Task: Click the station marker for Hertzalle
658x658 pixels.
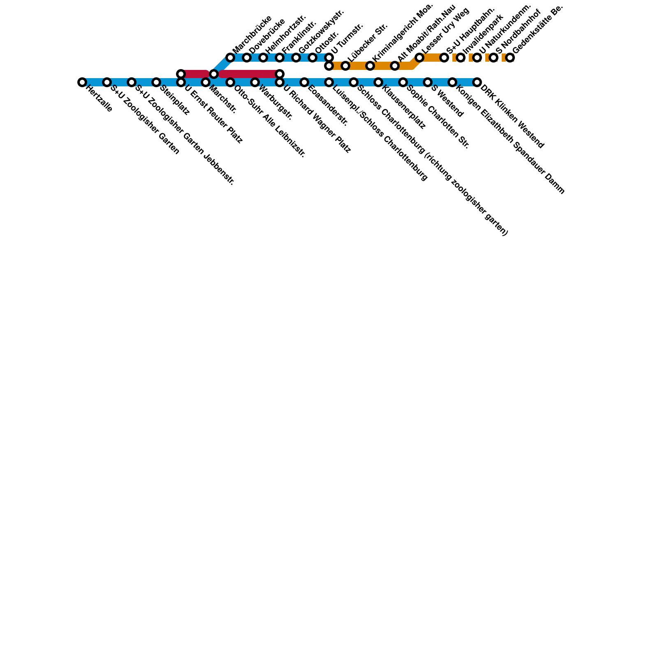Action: point(82,82)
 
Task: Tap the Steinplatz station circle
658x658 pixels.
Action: point(156,82)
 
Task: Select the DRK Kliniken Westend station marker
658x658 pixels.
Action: point(477,82)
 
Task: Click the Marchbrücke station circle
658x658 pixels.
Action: point(230,58)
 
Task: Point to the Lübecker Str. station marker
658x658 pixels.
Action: point(345,66)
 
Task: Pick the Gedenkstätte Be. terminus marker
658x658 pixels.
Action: point(510,58)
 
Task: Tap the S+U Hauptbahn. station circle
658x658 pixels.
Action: point(444,58)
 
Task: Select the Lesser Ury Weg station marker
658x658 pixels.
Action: point(419,58)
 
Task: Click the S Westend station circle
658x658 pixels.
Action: point(428,82)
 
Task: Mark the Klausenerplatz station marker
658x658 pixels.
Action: point(378,82)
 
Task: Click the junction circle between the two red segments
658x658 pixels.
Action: point(214,74)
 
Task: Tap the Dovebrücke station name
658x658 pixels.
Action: point(267,36)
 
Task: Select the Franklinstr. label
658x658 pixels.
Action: point(299,36)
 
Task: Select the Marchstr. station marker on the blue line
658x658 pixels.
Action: point(206,82)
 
